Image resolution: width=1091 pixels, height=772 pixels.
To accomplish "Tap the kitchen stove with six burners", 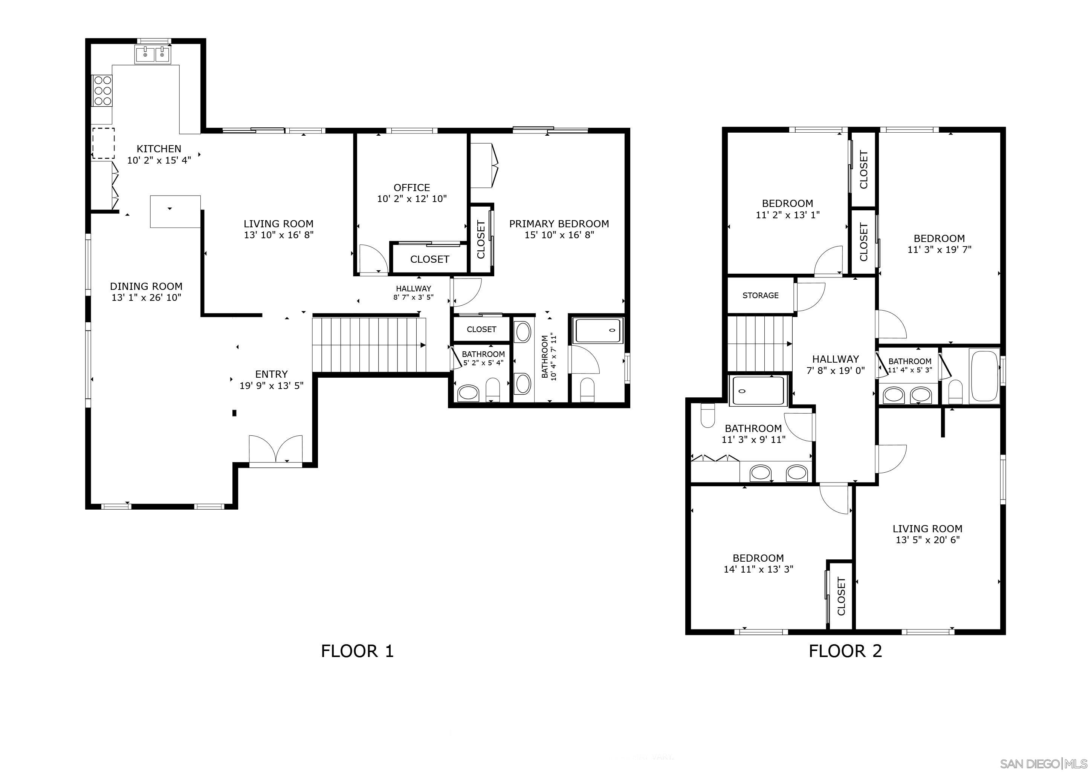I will pyautogui.click(x=102, y=90).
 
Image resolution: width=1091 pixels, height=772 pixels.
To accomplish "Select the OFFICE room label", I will pyautogui.click(x=411, y=188).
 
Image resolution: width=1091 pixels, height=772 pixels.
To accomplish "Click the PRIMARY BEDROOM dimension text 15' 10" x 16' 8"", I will pyautogui.click(x=559, y=235).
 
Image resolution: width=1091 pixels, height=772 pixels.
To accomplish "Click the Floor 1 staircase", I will pyautogui.click(x=369, y=345).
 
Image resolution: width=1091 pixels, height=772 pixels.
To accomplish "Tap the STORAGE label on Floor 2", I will pyautogui.click(x=760, y=295).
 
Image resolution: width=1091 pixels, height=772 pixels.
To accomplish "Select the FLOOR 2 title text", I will pyautogui.click(x=845, y=651).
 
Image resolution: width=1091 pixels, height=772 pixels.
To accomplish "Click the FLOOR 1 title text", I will pyautogui.click(x=358, y=651).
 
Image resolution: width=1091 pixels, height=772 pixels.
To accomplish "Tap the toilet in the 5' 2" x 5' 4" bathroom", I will pyautogui.click(x=493, y=389).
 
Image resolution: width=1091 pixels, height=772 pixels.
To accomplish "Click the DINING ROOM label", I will pyautogui.click(x=146, y=286).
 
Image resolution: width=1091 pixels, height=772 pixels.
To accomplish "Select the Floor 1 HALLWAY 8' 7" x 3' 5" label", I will pyautogui.click(x=413, y=293).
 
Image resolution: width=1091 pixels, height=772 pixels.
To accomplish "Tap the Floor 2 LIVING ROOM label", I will pyautogui.click(x=927, y=528).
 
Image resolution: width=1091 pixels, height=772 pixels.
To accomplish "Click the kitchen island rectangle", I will pyautogui.click(x=175, y=211).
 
